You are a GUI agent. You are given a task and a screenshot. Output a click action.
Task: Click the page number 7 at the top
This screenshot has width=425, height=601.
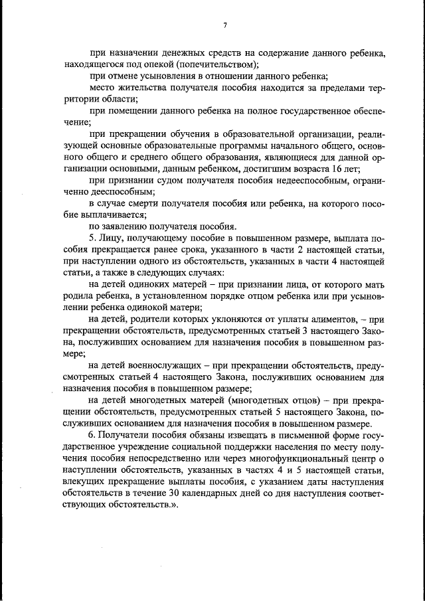(x=225, y=25)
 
